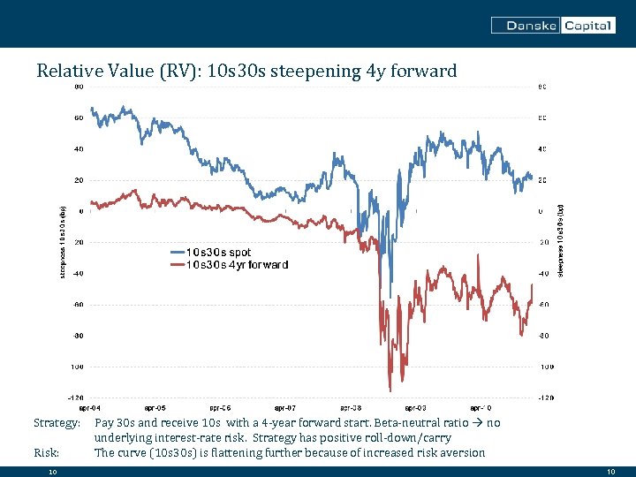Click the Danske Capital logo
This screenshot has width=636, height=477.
click(553, 26)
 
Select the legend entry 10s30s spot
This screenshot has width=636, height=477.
click(217, 253)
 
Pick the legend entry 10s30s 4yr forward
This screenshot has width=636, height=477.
click(236, 264)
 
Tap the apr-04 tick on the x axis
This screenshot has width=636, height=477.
click(90, 408)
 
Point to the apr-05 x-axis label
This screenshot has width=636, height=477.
click(155, 408)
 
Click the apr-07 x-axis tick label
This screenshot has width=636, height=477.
click(284, 408)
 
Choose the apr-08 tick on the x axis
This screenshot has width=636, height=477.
click(350, 408)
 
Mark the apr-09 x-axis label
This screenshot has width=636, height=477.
click(414, 408)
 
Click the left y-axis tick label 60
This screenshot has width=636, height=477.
click(79, 117)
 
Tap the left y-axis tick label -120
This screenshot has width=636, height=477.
click(77, 397)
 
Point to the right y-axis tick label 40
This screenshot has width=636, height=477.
click(541, 148)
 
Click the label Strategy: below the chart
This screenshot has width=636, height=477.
click(57, 423)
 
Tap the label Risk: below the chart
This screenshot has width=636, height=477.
click(46, 452)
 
